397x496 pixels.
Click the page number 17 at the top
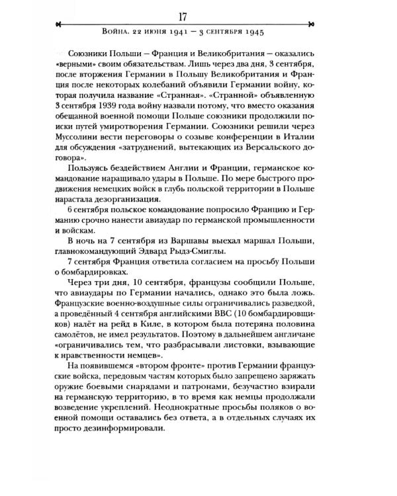(x=199, y=13)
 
